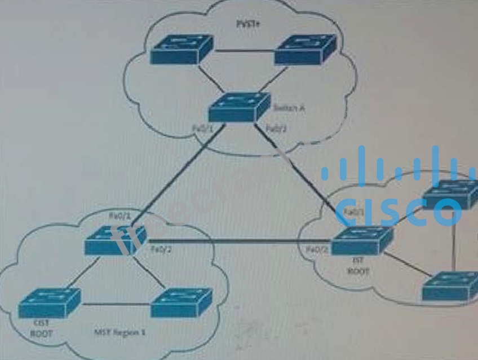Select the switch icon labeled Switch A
pos(238,107)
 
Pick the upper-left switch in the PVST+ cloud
pos(181,50)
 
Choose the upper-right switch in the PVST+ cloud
pos(305,50)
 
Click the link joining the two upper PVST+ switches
pos(244,52)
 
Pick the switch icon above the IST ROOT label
pos(361,241)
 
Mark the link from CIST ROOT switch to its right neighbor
pos(116,305)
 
